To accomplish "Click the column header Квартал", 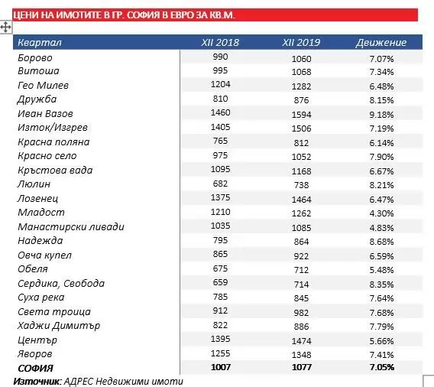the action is tap(40, 43).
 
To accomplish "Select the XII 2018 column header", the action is tap(220, 42).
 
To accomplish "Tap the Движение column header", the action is tap(381, 42).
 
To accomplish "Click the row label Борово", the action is tap(35, 58).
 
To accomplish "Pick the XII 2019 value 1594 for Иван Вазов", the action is tap(301, 115).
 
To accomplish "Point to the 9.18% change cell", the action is tap(381, 115).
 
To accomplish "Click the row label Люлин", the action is tap(34, 184).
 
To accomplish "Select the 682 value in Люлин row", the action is tap(220, 184).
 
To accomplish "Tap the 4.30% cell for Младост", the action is tap(381, 213).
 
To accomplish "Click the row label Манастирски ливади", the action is tap(71, 227).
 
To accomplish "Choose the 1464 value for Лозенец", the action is tap(301, 200).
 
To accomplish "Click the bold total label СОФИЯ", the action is tap(35, 369).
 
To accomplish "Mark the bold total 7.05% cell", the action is tap(382, 367).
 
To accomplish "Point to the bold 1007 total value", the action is tap(221, 367).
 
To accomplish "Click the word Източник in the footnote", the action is tap(36, 382).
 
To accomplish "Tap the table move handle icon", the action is tap(6, 28).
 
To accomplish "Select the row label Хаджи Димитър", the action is tap(59, 326).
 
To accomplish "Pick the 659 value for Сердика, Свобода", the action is tap(220, 282).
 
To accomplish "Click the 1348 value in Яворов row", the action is tap(301, 355).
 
